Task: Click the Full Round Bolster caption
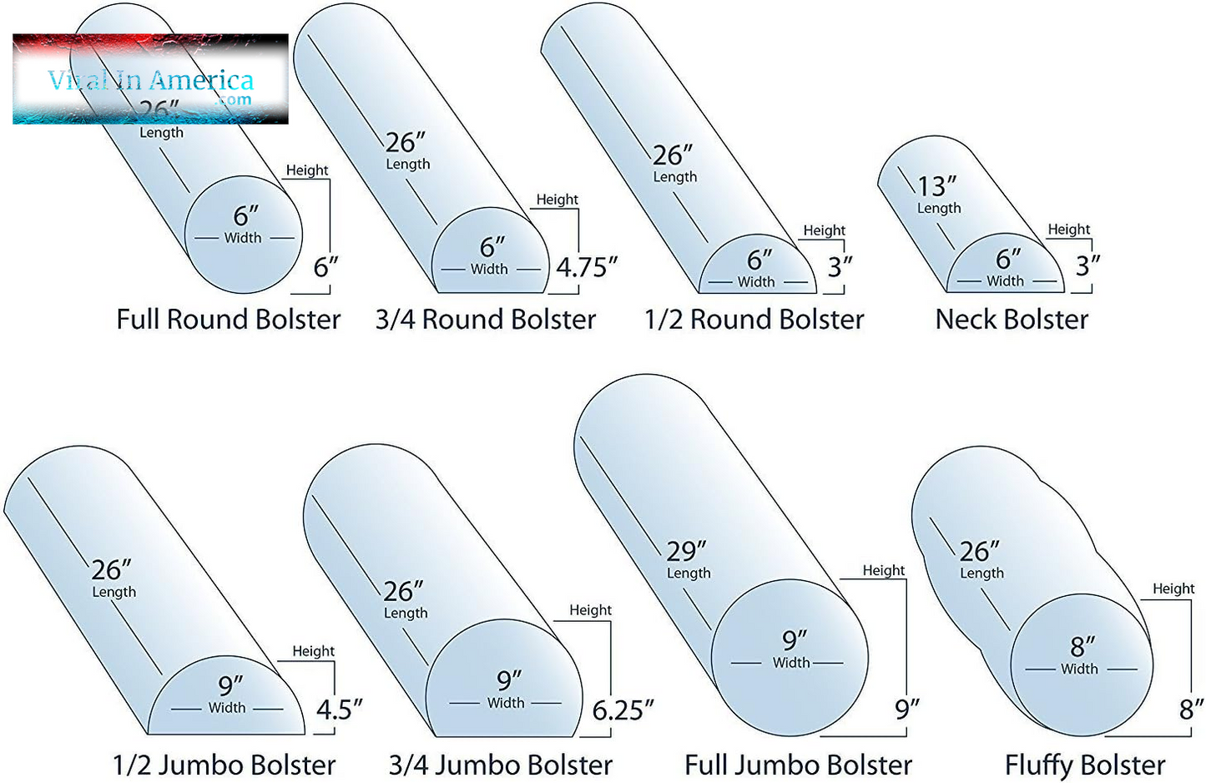point(228,320)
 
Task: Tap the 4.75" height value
point(586,267)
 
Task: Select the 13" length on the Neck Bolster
point(936,186)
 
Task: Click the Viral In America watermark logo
point(150,80)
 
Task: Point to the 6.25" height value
point(623,710)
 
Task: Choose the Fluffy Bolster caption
point(1084,765)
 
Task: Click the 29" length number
point(686,551)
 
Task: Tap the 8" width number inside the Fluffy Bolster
point(1082,646)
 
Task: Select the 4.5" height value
point(339,710)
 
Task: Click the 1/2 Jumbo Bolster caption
point(224,765)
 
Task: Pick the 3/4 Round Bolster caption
point(485,320)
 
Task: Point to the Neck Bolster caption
point(1012,320)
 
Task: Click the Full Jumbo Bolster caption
point(798,765)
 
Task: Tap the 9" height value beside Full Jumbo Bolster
point(906,709)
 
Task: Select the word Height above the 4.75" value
point(557,200)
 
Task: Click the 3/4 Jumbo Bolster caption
point(500,765)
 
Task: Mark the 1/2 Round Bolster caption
point(754,320)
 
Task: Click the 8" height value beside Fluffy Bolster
point(1191,710)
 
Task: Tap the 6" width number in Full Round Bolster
point(245,216)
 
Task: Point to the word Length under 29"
point(689,573)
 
